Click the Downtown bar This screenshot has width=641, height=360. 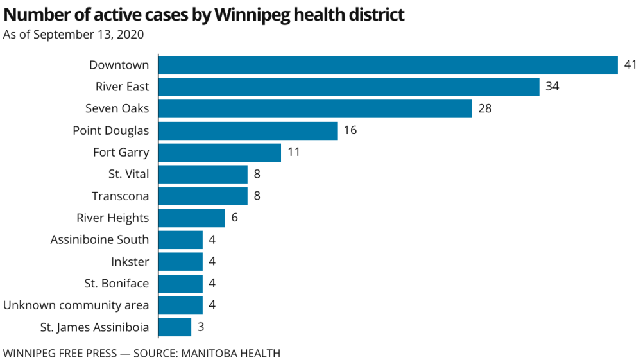click(388, 65)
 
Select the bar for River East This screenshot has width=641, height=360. click(348, 87)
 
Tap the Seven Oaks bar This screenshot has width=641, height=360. click(315, 108)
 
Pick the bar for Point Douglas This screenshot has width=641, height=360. click(248, 131)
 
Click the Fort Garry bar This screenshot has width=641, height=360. click(219, 153)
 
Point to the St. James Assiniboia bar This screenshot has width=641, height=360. click(175, 327)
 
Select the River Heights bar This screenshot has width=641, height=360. click(191, 218)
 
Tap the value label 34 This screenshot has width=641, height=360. click(552, 87)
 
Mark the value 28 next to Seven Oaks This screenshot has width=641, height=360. click(484, 108)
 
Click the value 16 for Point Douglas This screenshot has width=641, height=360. click(350, 131)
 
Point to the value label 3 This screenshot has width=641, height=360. click(200, 327)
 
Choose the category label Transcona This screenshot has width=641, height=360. click(120, 196)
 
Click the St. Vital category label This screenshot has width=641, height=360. click(128, 175)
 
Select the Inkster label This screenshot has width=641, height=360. click(130, 262)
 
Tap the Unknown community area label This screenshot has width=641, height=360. click(76, 305)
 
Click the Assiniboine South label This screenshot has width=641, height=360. click(99, 240)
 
